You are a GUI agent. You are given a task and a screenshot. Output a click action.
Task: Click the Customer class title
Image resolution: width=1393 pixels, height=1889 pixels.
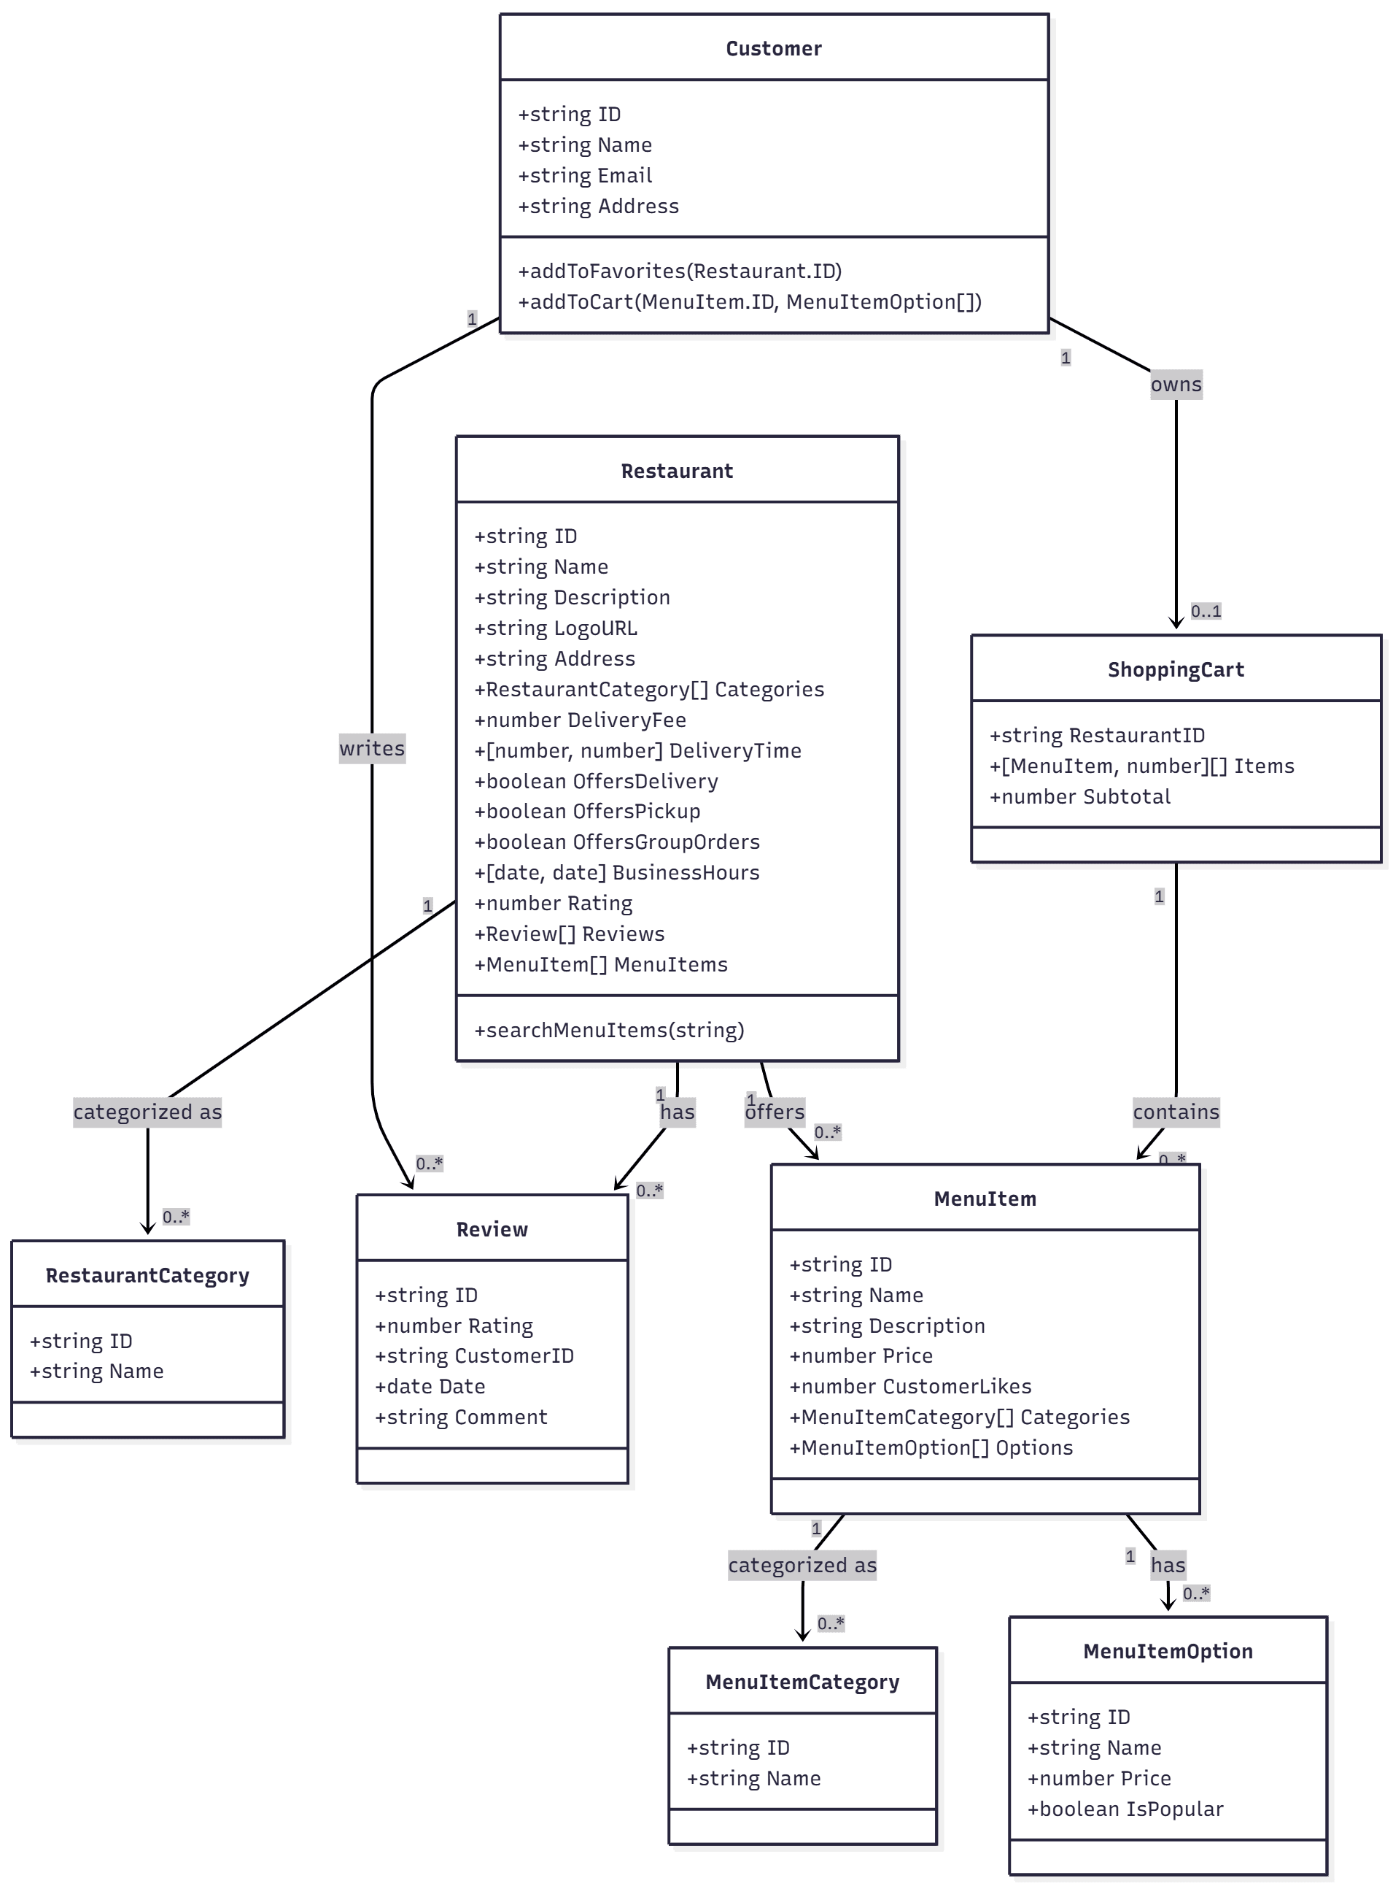(773, 48)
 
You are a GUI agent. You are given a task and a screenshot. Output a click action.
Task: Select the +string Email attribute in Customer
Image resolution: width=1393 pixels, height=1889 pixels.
(585, 175)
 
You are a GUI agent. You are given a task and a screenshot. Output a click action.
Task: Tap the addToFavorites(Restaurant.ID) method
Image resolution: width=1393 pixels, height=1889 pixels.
(680, 271)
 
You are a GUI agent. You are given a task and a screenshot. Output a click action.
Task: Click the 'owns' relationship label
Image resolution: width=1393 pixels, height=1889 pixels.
(1176, 385)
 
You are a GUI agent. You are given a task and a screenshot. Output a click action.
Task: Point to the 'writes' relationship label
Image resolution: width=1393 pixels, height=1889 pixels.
(372, 748)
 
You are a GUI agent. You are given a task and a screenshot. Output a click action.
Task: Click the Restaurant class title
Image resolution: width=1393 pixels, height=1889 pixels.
(676, 471)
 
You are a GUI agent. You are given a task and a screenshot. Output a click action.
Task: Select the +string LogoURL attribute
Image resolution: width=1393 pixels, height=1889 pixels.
(556, 628)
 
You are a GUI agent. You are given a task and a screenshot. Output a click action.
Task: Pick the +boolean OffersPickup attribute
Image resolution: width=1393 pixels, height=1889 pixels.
(587, 811)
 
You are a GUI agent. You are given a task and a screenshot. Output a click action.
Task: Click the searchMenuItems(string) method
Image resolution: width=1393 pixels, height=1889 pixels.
(609, 1029)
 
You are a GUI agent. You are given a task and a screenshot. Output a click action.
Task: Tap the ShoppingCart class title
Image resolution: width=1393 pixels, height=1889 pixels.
(1176, 669)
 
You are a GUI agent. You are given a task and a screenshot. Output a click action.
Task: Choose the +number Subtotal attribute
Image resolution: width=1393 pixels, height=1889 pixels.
(1079, 796)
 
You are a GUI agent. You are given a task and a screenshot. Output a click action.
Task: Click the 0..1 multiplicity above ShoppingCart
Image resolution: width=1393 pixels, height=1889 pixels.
(1205, 611)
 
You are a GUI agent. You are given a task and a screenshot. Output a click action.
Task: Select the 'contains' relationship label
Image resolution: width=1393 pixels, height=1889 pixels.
(1176, 1112)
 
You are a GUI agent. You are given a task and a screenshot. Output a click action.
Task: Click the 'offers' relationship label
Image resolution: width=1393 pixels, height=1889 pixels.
(775, 1112)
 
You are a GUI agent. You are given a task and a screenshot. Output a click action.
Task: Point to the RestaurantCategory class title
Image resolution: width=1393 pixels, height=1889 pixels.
(147, 1275)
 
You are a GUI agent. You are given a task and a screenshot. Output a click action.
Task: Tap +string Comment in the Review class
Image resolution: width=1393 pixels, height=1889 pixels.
(461, 1417)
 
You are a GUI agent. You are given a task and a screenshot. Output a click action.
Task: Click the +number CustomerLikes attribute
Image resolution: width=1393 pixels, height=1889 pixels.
(910, 1386)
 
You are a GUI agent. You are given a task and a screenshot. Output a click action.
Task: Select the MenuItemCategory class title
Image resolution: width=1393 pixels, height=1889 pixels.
(802, 1682)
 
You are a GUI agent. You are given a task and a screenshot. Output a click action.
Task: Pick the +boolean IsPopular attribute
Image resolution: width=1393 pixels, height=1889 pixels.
(1125, 1808)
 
